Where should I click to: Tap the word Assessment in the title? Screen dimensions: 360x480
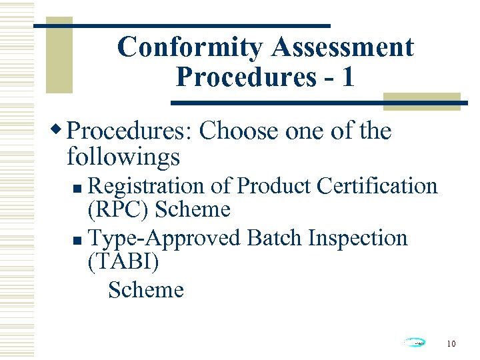343,47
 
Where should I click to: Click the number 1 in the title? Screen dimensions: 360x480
347,77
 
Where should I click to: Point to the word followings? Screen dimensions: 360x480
123,157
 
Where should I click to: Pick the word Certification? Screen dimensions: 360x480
377,185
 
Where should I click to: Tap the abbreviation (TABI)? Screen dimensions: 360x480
123,263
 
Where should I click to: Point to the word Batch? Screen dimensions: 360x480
275,237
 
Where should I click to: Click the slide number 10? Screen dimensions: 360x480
451,344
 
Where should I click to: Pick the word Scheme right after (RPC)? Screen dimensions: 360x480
192,210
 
